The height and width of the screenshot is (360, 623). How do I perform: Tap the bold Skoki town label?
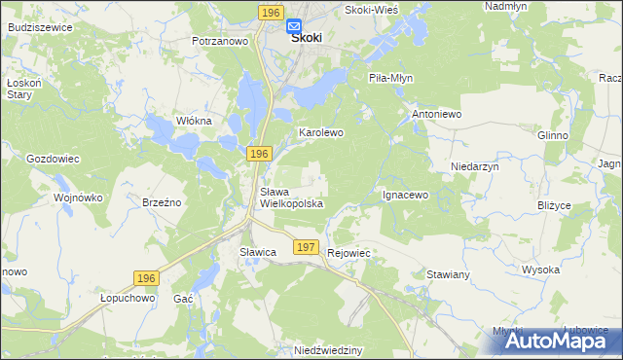307,39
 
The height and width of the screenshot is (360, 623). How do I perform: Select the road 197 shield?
306,248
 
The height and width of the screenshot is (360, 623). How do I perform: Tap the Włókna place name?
194,120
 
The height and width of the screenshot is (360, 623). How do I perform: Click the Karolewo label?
321,131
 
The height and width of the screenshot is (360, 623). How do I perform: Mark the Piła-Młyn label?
391,77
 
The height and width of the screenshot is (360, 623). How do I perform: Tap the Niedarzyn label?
475,166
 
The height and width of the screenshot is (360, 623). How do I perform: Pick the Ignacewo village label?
406,195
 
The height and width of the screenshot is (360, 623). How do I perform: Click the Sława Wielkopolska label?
290,198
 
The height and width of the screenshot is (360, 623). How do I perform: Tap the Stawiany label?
449,275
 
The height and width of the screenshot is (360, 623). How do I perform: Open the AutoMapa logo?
550,340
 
